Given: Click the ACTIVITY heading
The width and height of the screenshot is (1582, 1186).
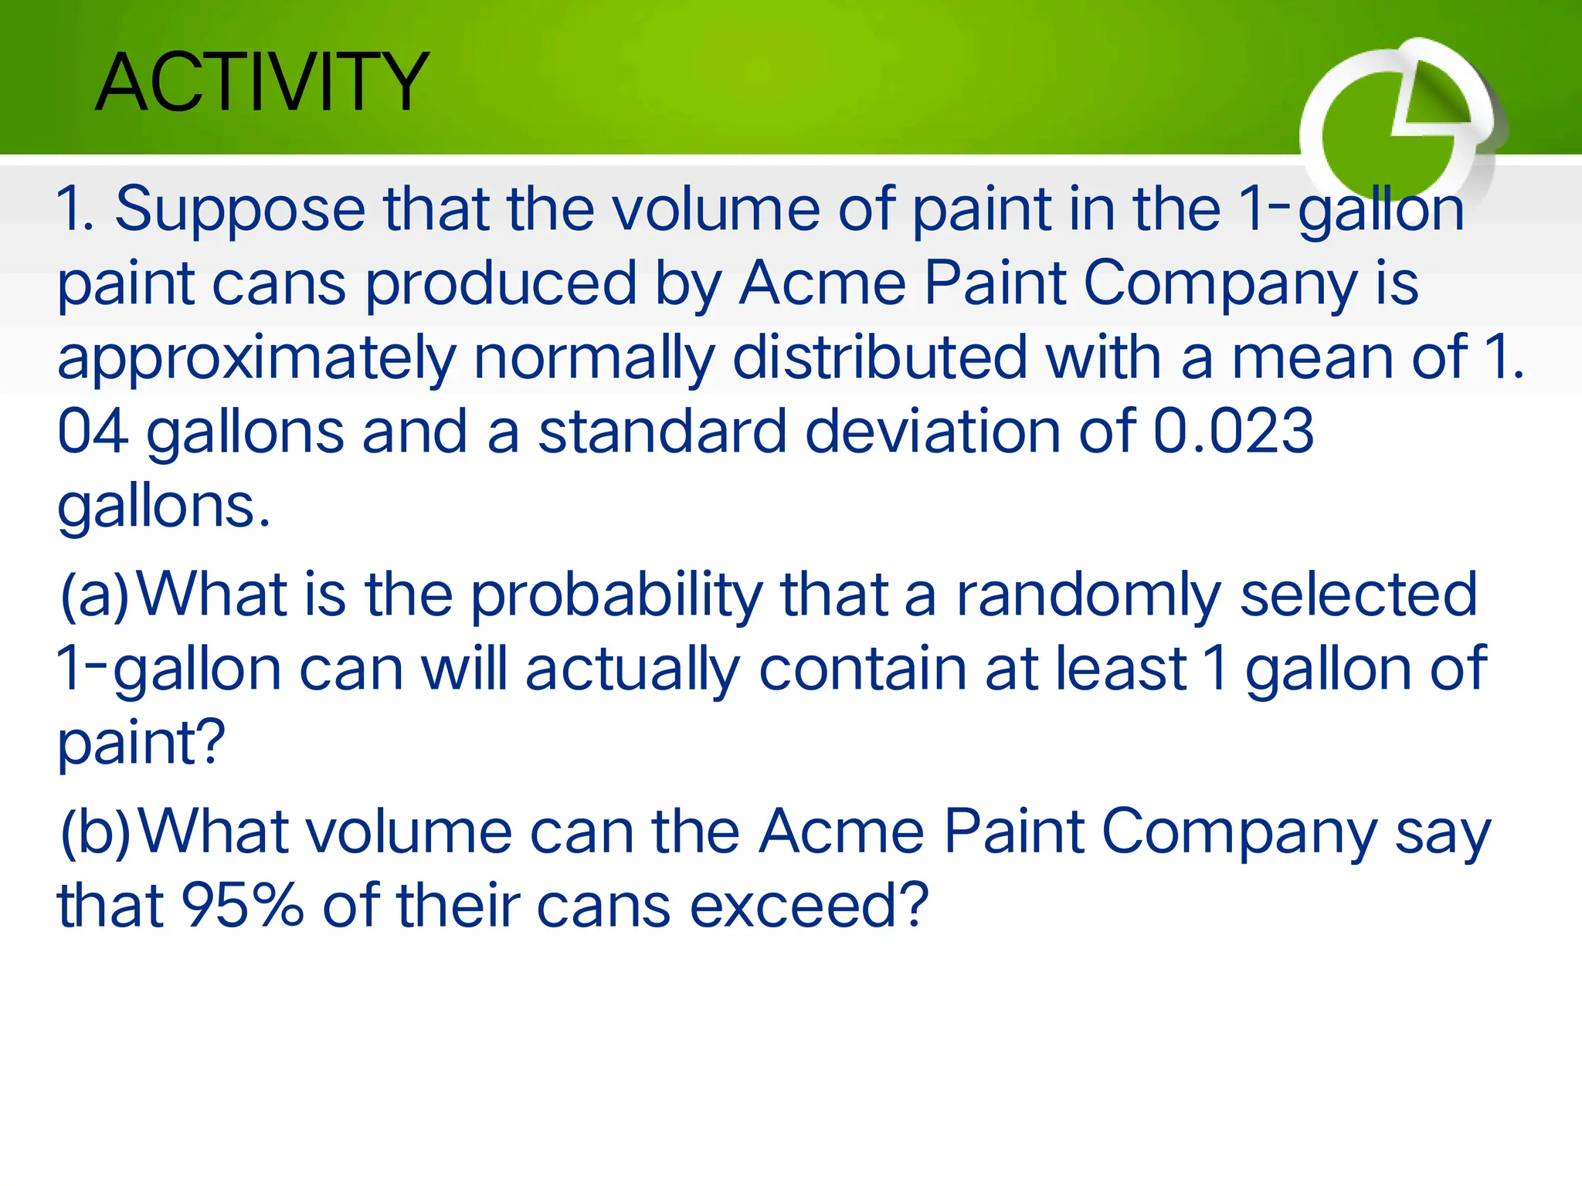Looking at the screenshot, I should pos(262,82).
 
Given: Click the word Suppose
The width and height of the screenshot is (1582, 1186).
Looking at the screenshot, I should pos(239,209).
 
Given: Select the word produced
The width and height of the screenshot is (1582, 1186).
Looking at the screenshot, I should pos(501,283).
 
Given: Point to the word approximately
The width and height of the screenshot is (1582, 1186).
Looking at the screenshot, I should pos(256,359).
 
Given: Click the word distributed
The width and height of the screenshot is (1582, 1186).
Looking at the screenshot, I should pos(879,357).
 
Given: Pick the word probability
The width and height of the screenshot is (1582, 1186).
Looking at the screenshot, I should pos(616,595).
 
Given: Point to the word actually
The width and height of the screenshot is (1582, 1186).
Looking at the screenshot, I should pos(633,669).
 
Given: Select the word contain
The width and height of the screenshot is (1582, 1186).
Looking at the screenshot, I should pos(862,668).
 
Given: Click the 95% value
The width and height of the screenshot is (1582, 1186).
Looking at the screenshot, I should pos(242,906).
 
